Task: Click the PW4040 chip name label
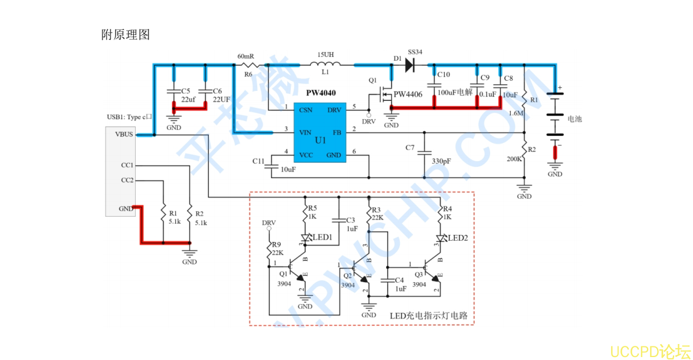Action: click(321, 93)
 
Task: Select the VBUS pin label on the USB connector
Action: click(124, 134)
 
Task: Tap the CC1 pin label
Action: click(127, 165)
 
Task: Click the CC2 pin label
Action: click(127, 180)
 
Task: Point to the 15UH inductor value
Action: click(326, 54)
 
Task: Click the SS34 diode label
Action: click(415, 52)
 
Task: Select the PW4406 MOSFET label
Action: click(408, 94)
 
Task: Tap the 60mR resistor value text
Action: click(245, 56)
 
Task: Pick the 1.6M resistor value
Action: click(516, 113)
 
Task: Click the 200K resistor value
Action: click(514, 159)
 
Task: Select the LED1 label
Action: click(322, 237)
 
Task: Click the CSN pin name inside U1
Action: click(306, 110)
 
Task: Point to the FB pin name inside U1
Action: click(337, 132)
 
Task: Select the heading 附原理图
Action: click(126, 35)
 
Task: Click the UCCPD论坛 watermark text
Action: click(649, 352)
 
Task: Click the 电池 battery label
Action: click(574, 119)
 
